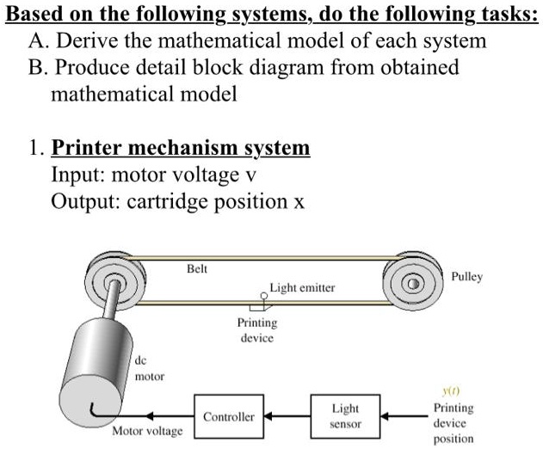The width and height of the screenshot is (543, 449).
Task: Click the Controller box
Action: tap(228, 416)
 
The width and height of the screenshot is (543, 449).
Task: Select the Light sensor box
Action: tap(345, 415)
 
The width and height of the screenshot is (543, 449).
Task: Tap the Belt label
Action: tap(197, 268)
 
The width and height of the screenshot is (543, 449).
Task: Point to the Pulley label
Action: tap(466, 277)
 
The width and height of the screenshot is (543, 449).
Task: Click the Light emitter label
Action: tap(302, 288)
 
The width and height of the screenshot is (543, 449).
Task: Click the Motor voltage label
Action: tap(147, 429)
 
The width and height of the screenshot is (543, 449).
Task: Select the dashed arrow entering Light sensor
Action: tap(404, 416)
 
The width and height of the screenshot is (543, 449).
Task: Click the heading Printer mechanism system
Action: tap(181, 148)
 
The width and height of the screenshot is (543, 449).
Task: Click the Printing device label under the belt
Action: tap(257, 330)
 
